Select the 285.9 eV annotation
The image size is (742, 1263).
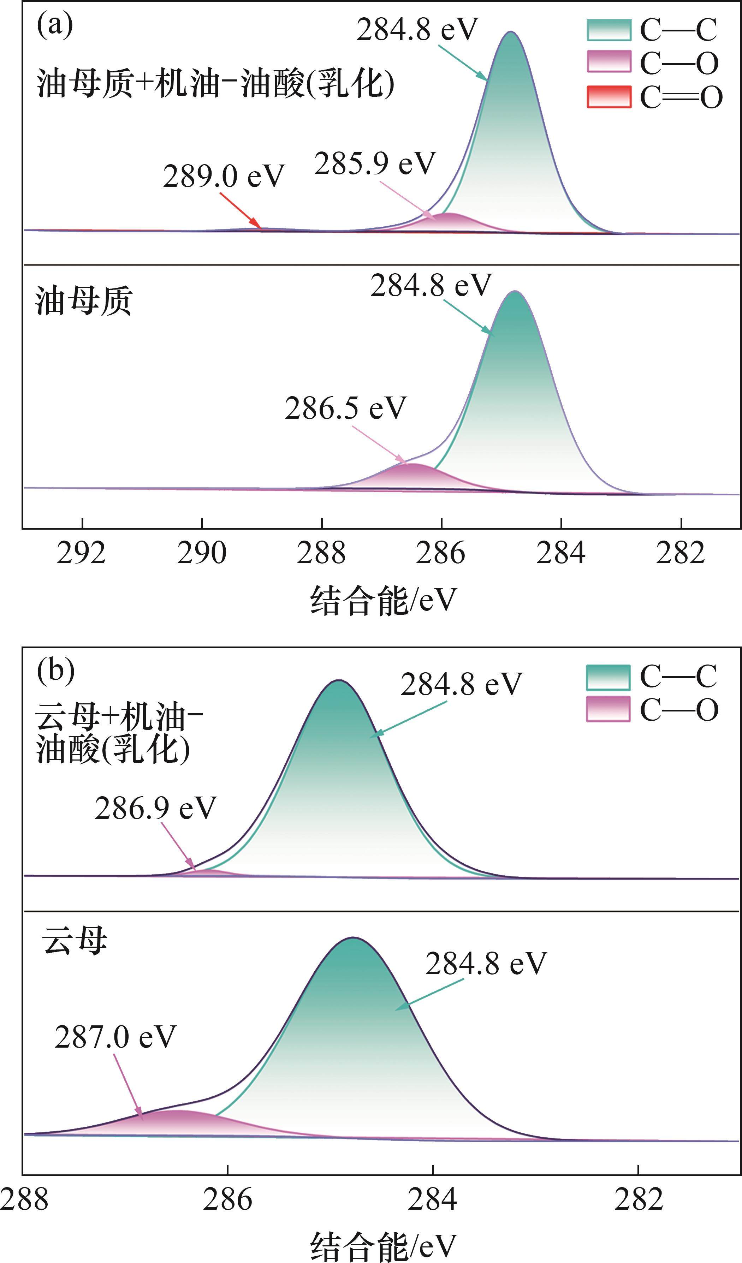(x=375, y=163)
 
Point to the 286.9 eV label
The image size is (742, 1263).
(x=155, y=808)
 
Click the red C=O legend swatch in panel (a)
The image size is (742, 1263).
(x=609, y=96)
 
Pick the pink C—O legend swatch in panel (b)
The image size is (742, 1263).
(x=608, y=709)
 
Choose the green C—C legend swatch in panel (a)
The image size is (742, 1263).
(x=609, y=30)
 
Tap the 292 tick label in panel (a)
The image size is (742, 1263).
(x=81, y=553)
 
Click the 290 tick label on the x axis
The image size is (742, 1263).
(x=202, y=553)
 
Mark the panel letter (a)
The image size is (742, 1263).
(x=55, y=24)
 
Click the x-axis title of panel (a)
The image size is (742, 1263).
(x=384, y=600)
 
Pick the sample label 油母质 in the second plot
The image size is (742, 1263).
(x=84, y=301)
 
